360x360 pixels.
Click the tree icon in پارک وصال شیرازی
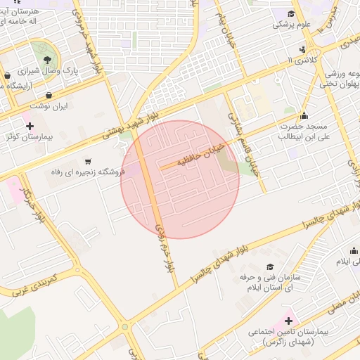[47, 59]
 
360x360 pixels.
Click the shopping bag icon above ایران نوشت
[49, 94]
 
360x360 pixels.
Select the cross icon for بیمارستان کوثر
[30, 126]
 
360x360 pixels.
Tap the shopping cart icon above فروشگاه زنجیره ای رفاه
[88, 160]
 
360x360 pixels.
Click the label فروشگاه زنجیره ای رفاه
[87, 172]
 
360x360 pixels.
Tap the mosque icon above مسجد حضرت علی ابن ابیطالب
[304, 116]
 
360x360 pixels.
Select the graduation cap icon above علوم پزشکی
[291, 14]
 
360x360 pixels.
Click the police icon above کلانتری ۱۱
[302, 49]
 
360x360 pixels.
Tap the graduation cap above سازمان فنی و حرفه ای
[270, 267]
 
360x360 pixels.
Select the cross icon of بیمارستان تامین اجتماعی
[288, 320]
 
